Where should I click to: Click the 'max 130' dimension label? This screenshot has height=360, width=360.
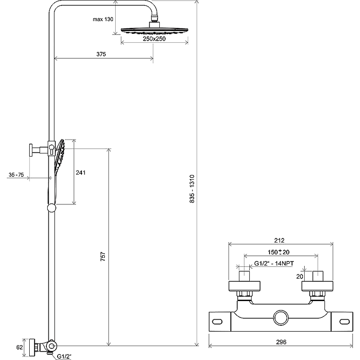(103, 19)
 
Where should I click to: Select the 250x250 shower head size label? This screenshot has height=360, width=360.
(154, 39)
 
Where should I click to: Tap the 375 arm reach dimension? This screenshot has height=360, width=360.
(101, 54)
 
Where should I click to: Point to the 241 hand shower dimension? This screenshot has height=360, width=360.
(81, 172)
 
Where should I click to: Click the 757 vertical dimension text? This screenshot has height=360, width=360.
(103, 256)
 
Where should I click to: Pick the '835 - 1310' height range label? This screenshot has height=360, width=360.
(192, 189)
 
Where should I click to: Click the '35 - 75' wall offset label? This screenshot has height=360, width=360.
(16, 175)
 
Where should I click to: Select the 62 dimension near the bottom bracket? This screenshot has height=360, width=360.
(19, 347)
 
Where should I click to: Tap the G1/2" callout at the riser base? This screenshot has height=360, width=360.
(64, 356)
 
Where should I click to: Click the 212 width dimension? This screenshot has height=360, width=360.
(279, 240)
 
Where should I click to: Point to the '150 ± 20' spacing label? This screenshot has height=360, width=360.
(279, 252)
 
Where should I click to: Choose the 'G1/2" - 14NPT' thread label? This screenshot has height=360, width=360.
(274, 263)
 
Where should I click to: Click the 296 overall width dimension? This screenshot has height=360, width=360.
(281, 342)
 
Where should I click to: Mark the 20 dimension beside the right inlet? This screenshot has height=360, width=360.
(300, 276)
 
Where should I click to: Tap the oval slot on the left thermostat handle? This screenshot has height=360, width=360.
(217, 322)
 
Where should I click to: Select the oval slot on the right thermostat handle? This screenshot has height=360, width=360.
(344, 322)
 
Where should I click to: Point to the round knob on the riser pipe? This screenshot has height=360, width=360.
(51, 208)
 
